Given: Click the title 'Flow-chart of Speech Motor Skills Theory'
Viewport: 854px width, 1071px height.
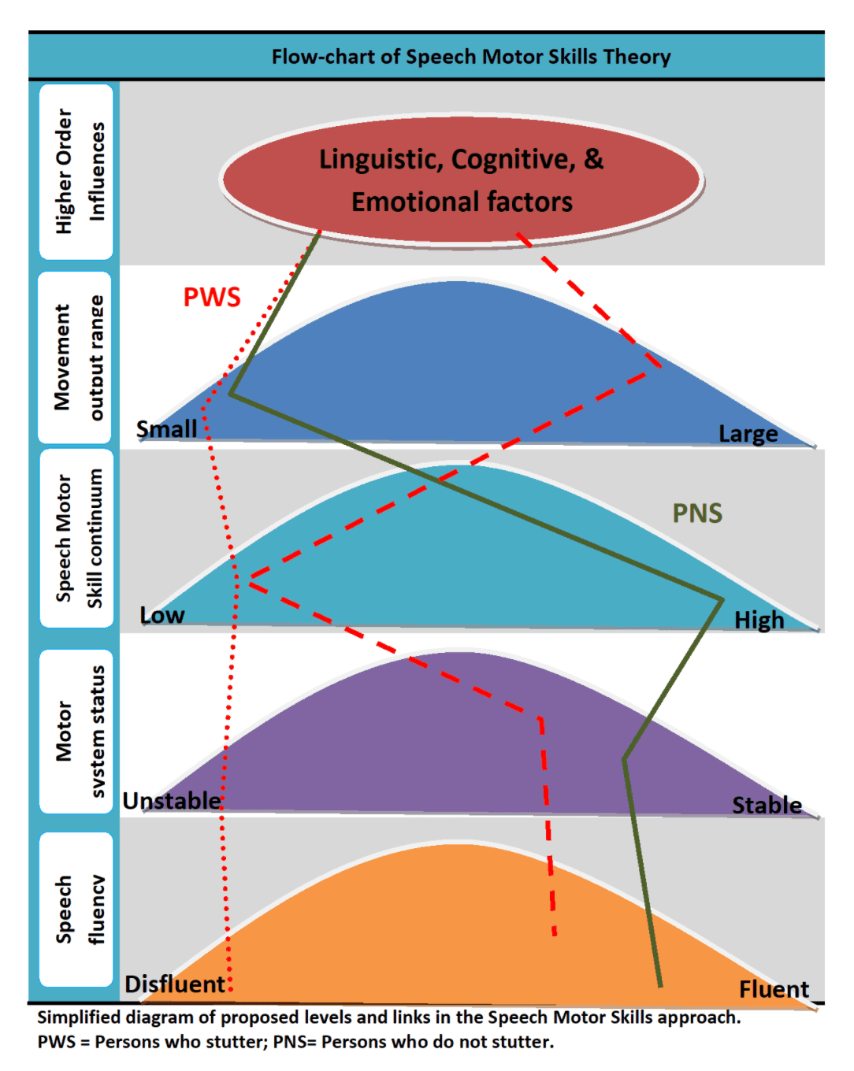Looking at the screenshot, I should (x=471, y=57).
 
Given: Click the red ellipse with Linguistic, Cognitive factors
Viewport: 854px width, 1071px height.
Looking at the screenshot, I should (x=462, y=180).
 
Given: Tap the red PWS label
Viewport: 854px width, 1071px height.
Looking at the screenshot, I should (x=212, y=298).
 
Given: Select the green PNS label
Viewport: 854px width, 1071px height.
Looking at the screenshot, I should (x=697, y=513).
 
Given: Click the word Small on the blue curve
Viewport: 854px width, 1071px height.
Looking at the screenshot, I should (x=166, y=429).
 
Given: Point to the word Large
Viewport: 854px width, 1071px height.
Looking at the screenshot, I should (x=748, y=434).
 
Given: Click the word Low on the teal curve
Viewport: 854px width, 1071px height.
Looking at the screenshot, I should (x=162, y=615).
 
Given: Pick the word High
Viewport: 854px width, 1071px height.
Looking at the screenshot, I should (x=759, y=621).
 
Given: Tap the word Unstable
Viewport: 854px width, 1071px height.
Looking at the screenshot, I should (x=172, y=801).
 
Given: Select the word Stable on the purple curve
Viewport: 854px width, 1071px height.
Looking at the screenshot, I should (x=767, y=806).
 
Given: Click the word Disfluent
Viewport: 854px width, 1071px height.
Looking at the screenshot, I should (x=175, y=984).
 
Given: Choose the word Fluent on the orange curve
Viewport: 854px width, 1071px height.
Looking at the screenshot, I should (x=774, y=989).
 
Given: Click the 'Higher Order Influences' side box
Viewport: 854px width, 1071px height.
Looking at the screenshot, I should (x=77, y=172).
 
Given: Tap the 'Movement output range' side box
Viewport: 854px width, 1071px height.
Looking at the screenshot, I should (x=77, y=358).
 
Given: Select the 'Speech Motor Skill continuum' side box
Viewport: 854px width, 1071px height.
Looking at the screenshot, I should (x=77, y=539).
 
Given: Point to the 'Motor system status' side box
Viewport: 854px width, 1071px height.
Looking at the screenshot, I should (x=77, y=732).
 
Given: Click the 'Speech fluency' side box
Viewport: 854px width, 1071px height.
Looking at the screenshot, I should (x=77, y=910).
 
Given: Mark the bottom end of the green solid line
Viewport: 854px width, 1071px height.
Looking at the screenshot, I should (x=660, y=984).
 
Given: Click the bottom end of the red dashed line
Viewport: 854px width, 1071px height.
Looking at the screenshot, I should (x=555, y=935).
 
